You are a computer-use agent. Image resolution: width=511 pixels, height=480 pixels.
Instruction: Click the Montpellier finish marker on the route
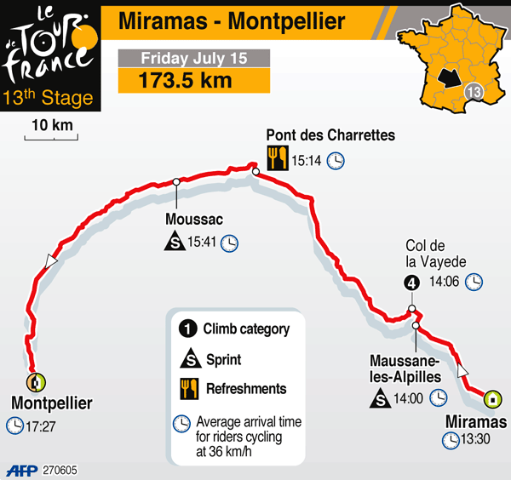35,382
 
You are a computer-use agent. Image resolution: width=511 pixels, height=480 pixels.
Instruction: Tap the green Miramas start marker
491,398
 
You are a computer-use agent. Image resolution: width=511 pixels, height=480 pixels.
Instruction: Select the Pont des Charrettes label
330,135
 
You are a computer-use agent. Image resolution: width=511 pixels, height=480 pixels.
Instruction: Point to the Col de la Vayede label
435,254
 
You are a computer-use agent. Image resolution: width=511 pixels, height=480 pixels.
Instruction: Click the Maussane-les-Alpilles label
405,367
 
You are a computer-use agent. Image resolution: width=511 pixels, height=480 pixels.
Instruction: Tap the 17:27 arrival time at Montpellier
41,425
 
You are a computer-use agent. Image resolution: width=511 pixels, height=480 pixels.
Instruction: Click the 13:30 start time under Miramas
474,440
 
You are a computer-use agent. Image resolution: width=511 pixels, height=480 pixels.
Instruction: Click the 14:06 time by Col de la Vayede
445,283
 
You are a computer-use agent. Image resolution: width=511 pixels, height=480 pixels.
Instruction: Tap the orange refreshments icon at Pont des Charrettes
276,157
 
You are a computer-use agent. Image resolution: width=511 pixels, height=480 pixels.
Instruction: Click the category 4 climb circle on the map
411,283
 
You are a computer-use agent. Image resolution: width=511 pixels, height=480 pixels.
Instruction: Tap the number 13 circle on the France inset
474,92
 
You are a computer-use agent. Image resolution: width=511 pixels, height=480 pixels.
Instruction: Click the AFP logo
23,470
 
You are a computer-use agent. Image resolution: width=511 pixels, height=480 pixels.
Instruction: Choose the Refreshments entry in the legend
246,388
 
